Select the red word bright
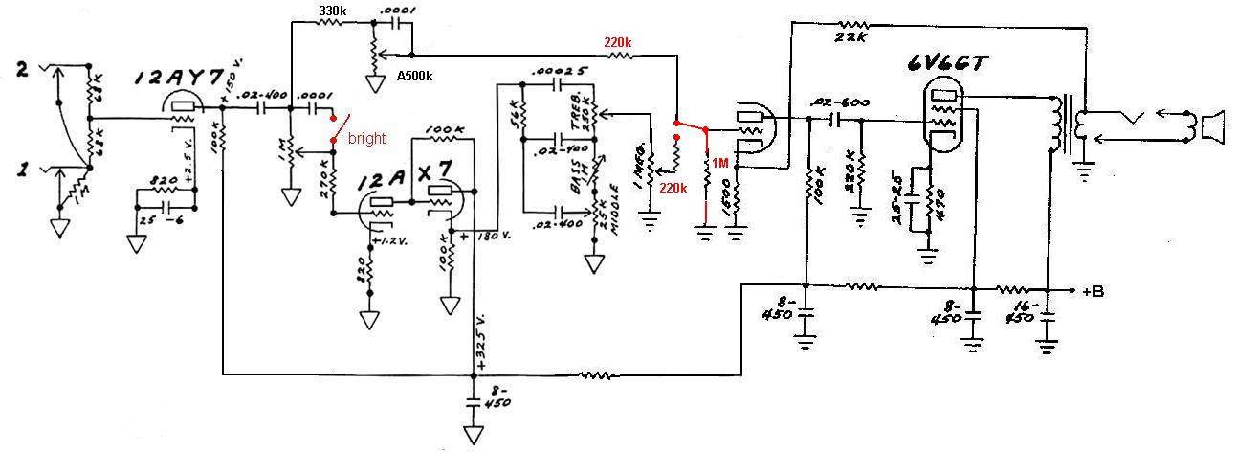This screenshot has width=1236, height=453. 366,138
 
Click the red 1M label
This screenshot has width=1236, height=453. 718,164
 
